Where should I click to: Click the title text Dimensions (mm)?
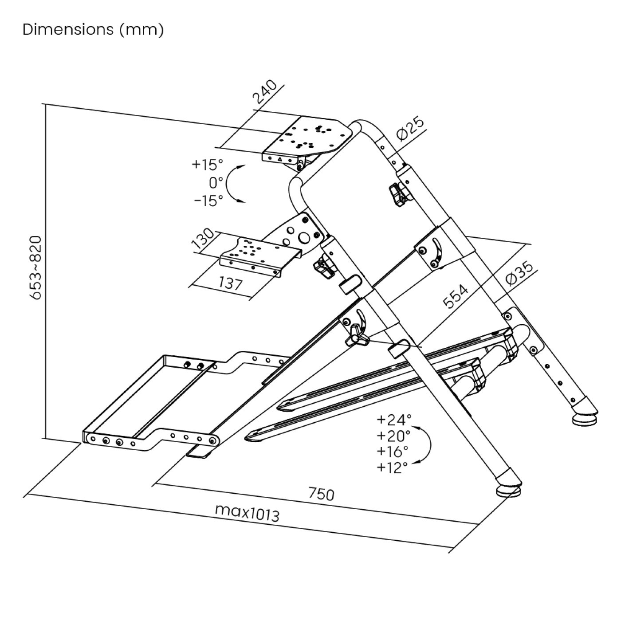[x=93, y=30]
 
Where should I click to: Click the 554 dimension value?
[x=456, y=296]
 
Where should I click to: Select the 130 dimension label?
[x=202, y=240]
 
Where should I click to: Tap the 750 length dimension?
[x=321, y=494]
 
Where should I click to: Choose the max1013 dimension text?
[x=247, y=513]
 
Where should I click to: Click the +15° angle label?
[x=207, y=165]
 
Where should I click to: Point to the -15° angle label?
[x=208, y=200]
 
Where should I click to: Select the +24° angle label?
[x=394, y=419]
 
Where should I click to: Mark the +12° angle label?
[x=392, y=468]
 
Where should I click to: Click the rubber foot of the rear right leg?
[x=585, y=419]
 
